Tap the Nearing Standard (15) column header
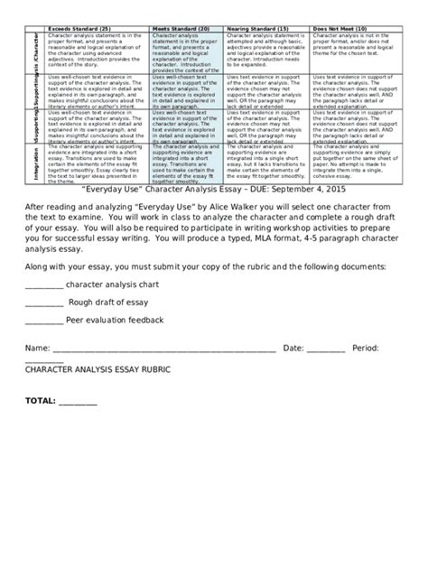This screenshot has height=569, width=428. click(268, 29)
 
